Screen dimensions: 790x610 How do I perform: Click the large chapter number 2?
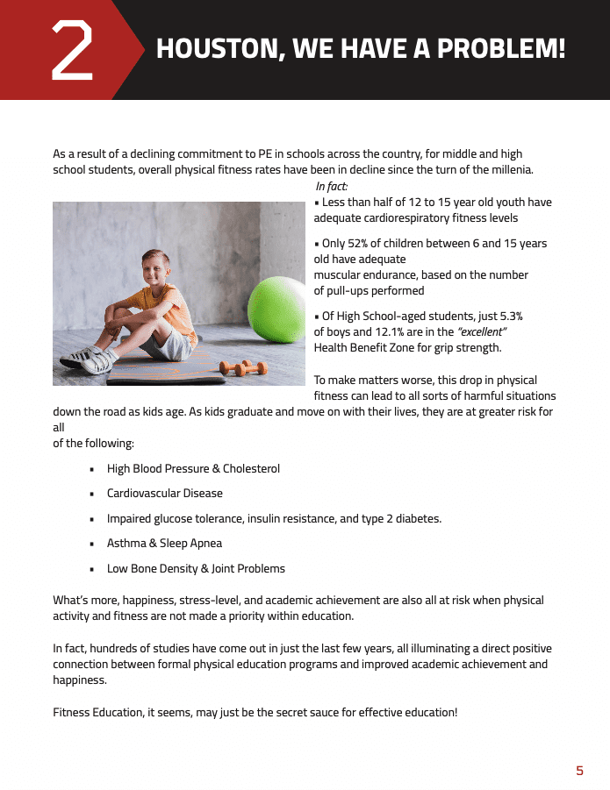[x=73, y=49]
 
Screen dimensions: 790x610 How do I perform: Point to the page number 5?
[x=579, y=771]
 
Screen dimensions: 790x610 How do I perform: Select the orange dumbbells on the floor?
[x=243, y=367]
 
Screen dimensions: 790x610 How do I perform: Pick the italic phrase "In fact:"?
[x=332, y=186]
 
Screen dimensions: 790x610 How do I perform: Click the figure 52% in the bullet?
[x=361, y=243]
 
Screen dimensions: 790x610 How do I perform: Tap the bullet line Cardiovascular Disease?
[x=165, y=494]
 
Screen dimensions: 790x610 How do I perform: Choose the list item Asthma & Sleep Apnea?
[x=164, y=544]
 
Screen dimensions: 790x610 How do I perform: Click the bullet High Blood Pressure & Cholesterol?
[x=193, y=469]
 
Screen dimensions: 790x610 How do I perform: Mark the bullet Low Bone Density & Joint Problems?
[x=196, y=568]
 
